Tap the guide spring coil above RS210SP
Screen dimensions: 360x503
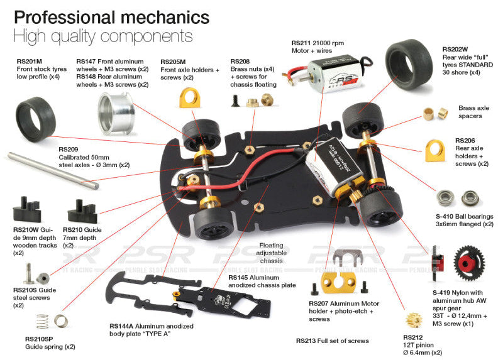38,322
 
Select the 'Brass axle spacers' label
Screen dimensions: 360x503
473,112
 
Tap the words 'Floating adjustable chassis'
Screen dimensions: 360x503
272,253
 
